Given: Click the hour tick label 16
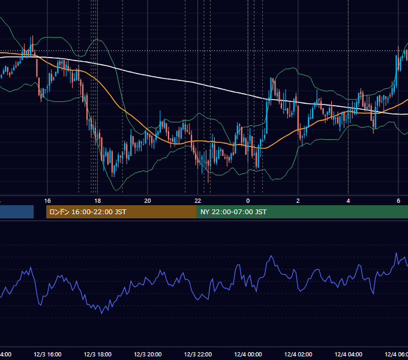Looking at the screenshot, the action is pyautogui.click(x=47, y=201).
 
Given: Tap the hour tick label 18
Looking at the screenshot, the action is pyautogui.click(x=98, y=201).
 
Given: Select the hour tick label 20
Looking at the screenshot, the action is pyautogui.click(x=148, y=201).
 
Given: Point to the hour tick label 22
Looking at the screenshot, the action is pyautogui.click(x=198, y=201).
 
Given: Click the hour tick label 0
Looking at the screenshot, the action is pyautogui.click(x=248, y=201).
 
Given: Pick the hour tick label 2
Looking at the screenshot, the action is pyautogui.click(x=298, y=201).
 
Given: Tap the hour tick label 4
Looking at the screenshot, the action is pyautogui.click(x=348, y=201).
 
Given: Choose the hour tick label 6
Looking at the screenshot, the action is pyautogui.click(x=398, y=201).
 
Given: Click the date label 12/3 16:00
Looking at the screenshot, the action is pyautogui.click(x=47, y=355).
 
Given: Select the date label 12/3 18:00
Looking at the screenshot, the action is pyautogui.click(x=98, y=355).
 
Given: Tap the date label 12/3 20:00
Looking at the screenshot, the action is pyautogui.click(x=148, y=355).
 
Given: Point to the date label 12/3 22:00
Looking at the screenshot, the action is pyautogui.click(x=198, y=355).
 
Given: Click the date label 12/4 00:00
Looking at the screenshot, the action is pyautogui.click(x=248, y=355).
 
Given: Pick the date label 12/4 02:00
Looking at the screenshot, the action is pyautogui.click(x=298, y=355).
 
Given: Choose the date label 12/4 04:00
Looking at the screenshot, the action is pyautogui.click(x=349, y=355).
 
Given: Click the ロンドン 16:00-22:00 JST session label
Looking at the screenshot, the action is pyautogui.click(x=88, y=212).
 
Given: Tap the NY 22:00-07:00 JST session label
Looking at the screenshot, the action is pyautogui.click(x=233, y=212).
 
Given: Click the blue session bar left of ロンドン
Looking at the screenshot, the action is pyautogui.click(x=17, y=212).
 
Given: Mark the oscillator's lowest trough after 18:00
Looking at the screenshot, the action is pyautogui.click(x=101, y=313).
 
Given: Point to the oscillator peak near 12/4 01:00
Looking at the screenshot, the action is pyautogui.click(x=271, y=256).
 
